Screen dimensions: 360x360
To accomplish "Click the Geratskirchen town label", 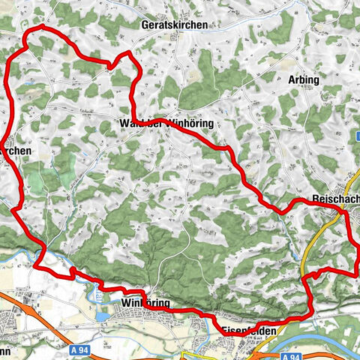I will point(173,25).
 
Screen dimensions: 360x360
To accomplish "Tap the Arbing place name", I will point(303,79).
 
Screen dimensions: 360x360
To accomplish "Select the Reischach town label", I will point(334,201).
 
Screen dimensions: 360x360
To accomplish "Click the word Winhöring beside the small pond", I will point(145,303).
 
